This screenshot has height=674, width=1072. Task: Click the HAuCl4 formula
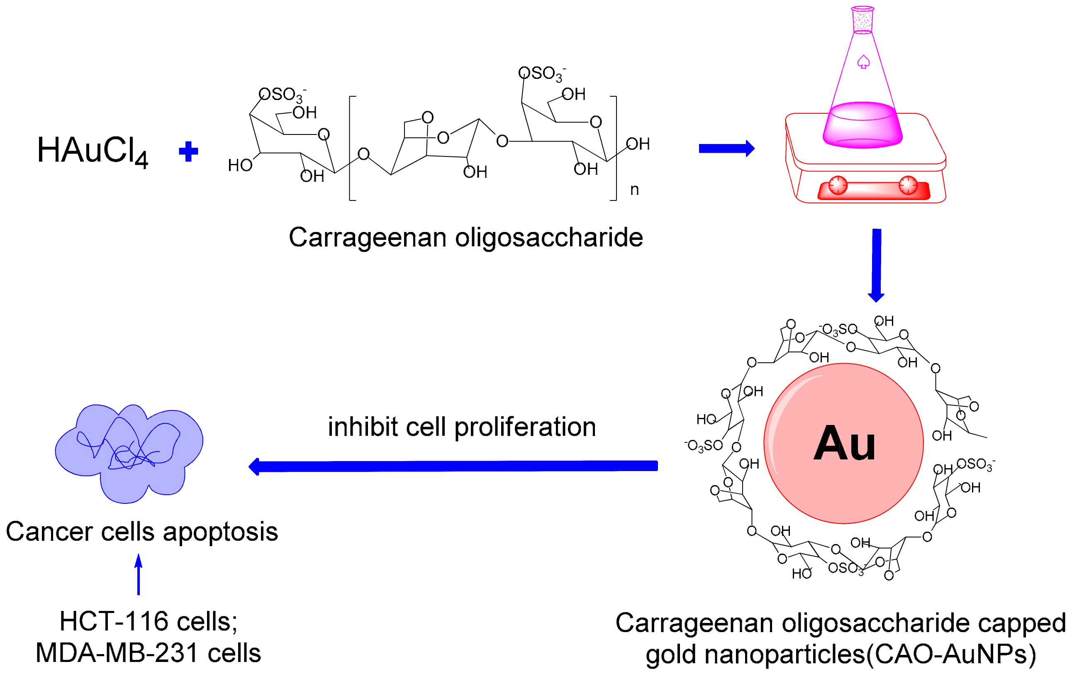tap(92, 151)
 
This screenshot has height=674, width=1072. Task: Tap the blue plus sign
tap(188, 151)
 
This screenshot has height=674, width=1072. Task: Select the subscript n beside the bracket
tap(634, 190)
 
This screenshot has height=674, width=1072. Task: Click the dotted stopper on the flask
tap(863, 20)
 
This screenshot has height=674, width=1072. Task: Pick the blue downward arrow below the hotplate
tap(877, 265)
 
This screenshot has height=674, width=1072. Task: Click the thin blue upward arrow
tap(139, 574)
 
